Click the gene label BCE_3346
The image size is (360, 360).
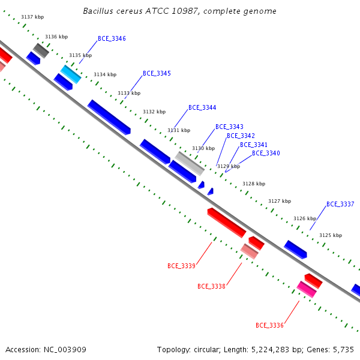click(112, 38)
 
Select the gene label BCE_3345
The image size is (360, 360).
click(157, 73)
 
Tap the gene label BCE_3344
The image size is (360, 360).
click(202, 107)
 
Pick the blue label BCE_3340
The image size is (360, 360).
click(266, 153)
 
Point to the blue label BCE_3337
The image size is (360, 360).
click(340, 204)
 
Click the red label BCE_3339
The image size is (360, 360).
click(181, 266)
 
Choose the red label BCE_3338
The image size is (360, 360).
click(211, 286)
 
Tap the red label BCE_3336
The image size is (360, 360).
click(269, 325)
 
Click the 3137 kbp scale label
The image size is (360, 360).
click(32, 17)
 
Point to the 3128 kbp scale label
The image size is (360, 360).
click(254, 184)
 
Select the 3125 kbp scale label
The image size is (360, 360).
click(331, 235)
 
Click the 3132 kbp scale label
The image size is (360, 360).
click(154, 112)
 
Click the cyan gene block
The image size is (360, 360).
click(71, 74)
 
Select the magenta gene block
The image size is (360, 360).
click(307, 289)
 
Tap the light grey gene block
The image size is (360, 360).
click(190, 163)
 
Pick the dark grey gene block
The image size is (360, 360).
click(41, 50)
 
